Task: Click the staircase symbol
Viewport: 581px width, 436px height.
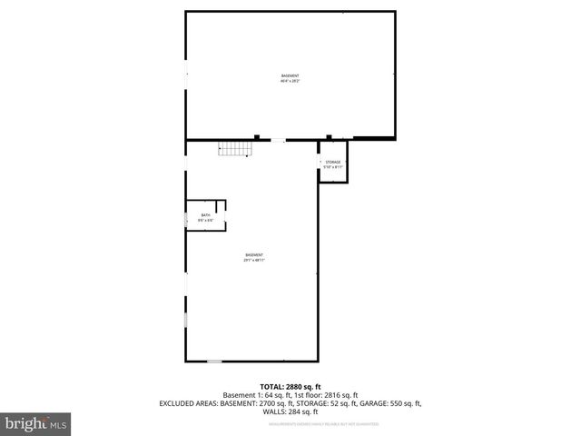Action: [x=233, y=150]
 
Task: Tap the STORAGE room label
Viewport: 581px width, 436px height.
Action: [x=333, y=162]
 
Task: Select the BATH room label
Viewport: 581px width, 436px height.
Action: [x=205, y=215]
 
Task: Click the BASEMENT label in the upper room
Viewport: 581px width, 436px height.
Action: [x=290, y=75]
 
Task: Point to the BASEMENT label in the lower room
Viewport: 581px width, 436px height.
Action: [x=254, y=254]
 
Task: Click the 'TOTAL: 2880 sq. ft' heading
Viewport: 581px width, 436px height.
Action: [x=290, y=387]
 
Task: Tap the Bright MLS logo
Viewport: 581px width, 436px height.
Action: [x=35, y=423]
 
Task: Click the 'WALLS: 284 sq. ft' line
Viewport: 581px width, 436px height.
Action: [x=290, y=411]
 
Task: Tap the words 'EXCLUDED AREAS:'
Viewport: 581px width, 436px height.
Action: [x=188, y=403]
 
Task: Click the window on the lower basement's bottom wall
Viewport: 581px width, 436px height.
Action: [x=213, y=361]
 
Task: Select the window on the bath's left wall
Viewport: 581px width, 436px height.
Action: [x=186, y=219]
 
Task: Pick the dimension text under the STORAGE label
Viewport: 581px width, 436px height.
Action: [x=333, y=167]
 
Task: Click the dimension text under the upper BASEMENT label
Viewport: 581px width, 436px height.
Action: [x=290, y=81]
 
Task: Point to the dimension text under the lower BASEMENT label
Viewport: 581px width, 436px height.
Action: [x=254, y=261]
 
